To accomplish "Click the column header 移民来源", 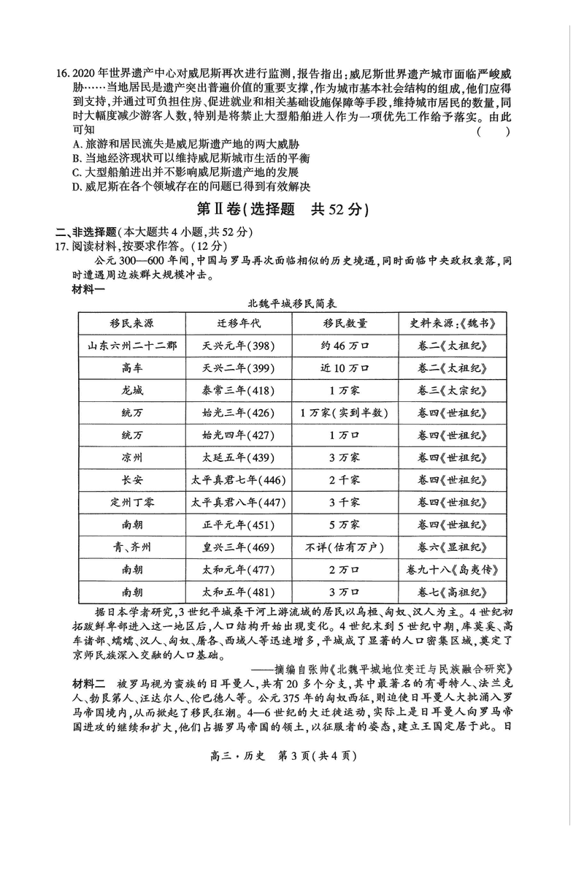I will click(x=131, y=323).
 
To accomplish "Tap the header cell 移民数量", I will click(x=343, y=323).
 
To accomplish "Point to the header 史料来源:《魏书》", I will click(x=452, y=323).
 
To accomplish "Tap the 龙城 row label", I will click(x=131, y=390).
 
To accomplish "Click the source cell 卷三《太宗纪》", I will click(x=452, y=390).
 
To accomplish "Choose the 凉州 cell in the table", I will click(x=131, y=457).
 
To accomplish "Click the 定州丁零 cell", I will click(x=131, y=503).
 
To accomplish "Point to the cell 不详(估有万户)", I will click(x=343, y=547).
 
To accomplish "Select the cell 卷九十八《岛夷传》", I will click(x=452, y=570).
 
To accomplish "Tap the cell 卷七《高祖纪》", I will click(x=452, y=593).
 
